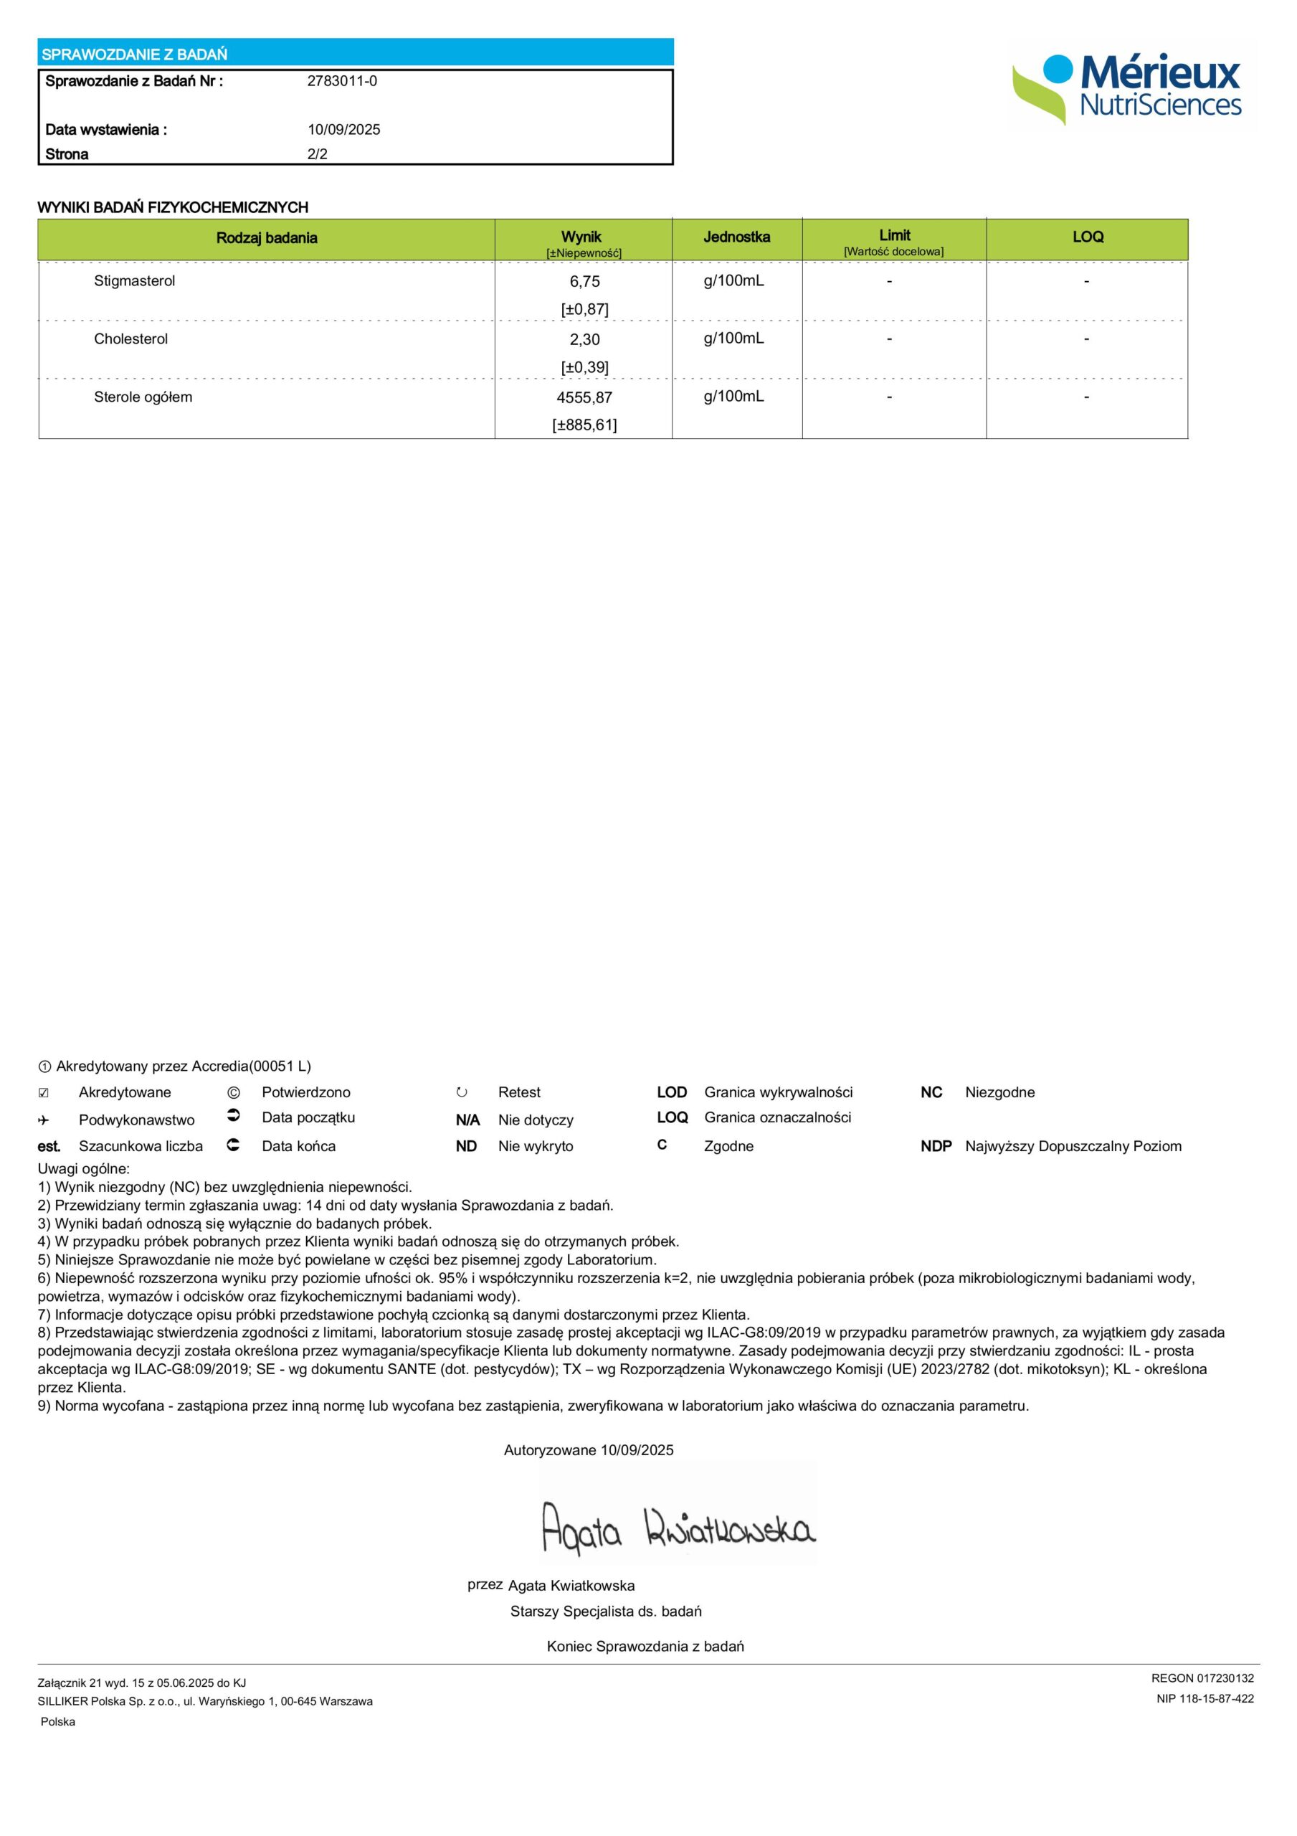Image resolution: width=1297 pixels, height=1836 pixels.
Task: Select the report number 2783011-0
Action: pyautogui.click(x=342, y=81)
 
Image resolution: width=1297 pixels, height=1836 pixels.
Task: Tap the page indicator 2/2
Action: pyautogui.click(x=318, y=154)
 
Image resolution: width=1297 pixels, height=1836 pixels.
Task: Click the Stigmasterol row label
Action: pyautogui.click(x=134, y=280)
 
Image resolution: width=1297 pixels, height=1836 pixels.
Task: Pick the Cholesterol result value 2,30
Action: pyautogui.click(x=584, y=339)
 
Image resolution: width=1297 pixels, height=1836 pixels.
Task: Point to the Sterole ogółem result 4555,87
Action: pyautogui.click(x=584, y=397)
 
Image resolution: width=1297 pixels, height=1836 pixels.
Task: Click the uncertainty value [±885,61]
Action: pyautogui.click(x=584, y=425)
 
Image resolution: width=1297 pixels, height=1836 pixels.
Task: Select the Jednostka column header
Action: pyautogui.click(x=736, y=237)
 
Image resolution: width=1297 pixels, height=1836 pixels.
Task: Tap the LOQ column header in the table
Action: pyautogui.click(x=1088, y=237)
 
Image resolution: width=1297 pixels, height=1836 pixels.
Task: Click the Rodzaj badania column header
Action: pyautogui.click(x=266, y=237)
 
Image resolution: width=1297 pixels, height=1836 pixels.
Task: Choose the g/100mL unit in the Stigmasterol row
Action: pyautogui.click(x=733, y=280)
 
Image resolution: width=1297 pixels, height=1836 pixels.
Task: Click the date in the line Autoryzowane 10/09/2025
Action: pyautogui.click(x=637, y=1449)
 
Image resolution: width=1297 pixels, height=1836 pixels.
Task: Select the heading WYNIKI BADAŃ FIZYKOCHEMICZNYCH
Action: pyautogui.click(x=173, y=207)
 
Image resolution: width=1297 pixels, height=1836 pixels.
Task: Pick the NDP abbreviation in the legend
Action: pyautogui.click(x=936, y=1146)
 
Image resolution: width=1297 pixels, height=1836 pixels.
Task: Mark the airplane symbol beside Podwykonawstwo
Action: pyautogui.click(x=44, y=1120)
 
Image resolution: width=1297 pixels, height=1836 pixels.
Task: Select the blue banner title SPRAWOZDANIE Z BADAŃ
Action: pyautogui.click(x=134, y=55)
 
